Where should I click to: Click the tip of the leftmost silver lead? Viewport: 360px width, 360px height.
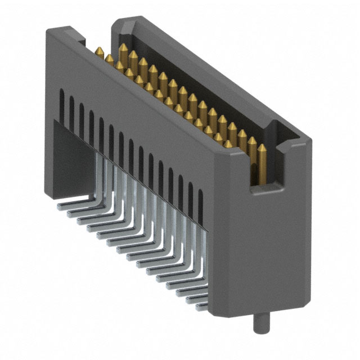[60, 206]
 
